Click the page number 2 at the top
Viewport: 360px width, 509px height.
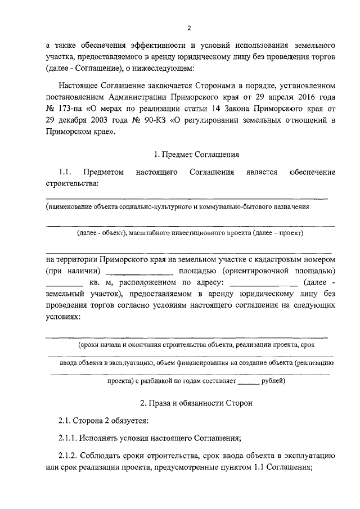[190, 28]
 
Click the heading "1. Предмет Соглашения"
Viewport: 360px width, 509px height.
[197, 153]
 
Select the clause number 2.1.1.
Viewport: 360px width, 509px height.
[69, 438]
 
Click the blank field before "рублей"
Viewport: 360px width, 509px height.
[247, 383]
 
